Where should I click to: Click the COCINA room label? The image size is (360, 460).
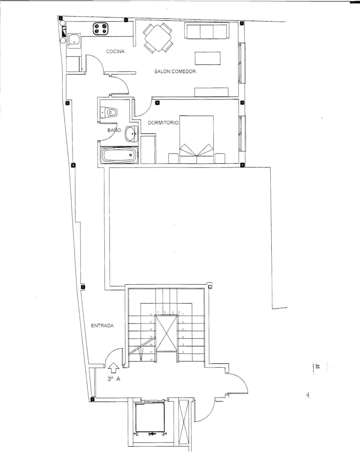coord(116,52)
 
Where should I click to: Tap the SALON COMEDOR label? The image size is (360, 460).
coord(176,72)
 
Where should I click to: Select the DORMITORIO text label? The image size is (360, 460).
coord(163,123)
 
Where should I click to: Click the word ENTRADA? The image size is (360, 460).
coord(102,326)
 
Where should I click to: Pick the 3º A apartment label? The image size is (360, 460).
coord(113,379)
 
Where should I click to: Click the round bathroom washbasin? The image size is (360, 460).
coord(131,134)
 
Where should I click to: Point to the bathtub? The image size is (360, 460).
coord(119,155)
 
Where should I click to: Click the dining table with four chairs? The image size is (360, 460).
coord(158,38)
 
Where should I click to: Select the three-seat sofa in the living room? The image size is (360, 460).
coord(206,31)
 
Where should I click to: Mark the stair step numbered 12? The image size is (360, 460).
coord(150,315)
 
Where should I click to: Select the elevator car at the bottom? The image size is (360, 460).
coord(150,418)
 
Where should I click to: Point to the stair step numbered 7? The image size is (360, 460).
coord(183,314)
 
